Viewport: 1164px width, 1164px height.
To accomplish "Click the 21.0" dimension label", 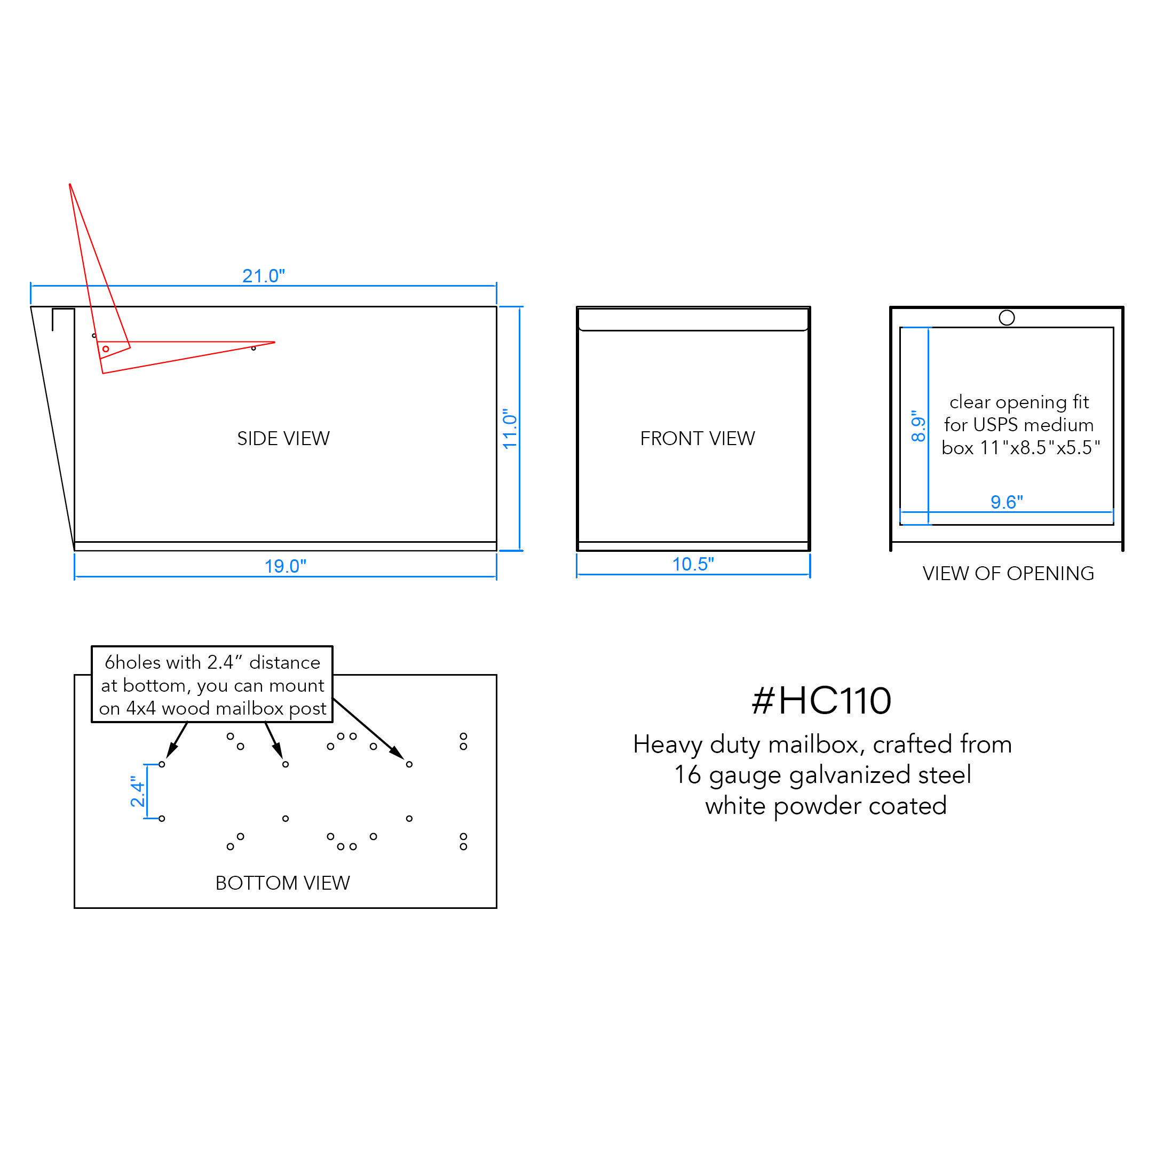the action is click(263, 276).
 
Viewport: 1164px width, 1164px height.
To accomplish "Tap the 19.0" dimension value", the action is click(285, 566).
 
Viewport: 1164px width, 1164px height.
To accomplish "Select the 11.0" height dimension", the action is click(510, 429).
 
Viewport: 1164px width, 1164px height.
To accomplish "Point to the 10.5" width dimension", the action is click(693, 565).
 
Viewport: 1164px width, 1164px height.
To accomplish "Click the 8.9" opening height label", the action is click(918, 426).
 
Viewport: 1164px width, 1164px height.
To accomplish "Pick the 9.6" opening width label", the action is click(1007, 502).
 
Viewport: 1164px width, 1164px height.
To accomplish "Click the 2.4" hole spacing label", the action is click(138, 791).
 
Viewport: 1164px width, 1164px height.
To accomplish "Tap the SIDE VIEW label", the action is click(283, 439).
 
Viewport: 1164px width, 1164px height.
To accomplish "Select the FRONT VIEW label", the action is click(697, 439).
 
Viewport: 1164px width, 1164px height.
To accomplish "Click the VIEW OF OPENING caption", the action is click(1008, 574).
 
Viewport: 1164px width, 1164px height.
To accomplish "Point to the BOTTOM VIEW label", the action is click(282, 883).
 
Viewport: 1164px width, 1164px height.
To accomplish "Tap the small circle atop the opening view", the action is click(1007, 318).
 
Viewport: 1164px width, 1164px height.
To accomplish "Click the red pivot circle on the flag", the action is click(106, 349).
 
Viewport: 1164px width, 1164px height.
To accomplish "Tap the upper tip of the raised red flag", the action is click(70, 184).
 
